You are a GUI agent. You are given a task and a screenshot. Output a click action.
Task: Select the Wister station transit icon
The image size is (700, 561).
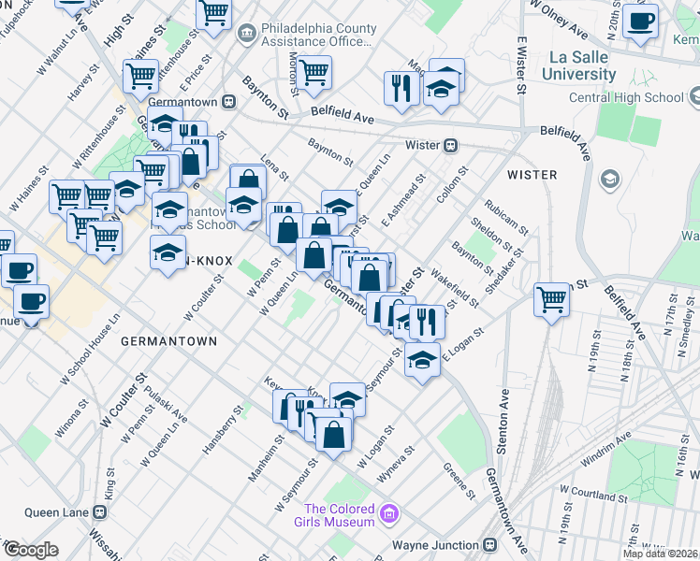pos(450,145)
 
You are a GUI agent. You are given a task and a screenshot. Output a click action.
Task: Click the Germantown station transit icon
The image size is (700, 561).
pos(228,101)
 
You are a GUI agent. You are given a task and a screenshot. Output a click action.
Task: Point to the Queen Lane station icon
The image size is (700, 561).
pos(98,512)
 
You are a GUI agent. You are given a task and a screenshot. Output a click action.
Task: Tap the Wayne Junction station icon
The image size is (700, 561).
pos(489,545)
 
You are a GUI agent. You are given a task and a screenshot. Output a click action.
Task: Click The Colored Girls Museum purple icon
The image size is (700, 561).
pos(389,512)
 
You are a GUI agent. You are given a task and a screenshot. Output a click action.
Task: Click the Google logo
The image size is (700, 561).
pos(30,550)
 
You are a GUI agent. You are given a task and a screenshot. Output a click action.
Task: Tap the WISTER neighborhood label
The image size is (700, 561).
pos(532,175)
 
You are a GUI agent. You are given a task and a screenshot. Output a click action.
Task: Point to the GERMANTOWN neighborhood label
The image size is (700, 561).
pos(168,342)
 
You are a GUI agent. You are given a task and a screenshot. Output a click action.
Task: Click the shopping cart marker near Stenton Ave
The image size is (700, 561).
pos(552,299)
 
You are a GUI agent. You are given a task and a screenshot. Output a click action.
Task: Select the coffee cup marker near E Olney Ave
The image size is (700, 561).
pos(640,20)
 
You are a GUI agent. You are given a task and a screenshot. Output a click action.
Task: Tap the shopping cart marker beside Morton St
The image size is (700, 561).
pos(314,70)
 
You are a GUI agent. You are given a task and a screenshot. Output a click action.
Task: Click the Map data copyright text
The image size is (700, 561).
pos(659,554)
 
